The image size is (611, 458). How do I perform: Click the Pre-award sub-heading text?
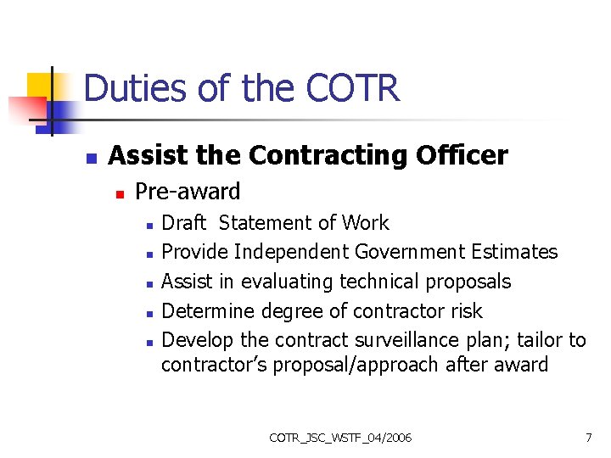pos(188,192)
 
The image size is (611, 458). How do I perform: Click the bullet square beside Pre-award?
pos(120,194)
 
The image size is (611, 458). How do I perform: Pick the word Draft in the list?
pos(183,223)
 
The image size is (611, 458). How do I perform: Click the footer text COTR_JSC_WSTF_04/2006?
pos(340,438)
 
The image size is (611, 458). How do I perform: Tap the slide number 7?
pos(588,438)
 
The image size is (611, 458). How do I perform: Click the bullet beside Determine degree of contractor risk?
pos(149,313)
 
